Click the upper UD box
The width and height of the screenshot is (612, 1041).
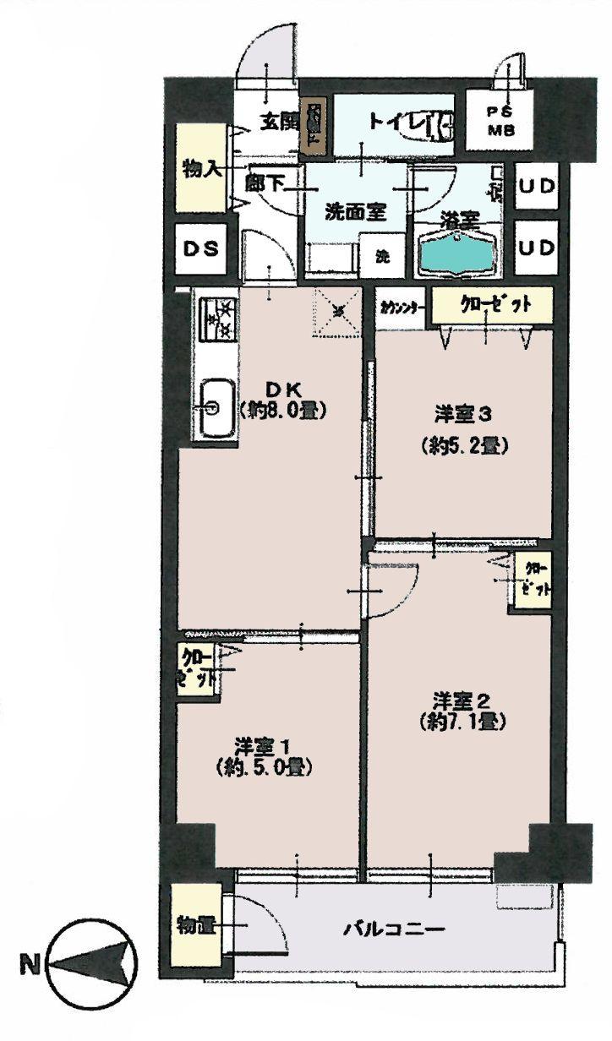pos(536,188)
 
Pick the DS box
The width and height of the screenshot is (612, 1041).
pos(202,248)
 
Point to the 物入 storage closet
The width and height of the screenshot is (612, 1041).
pos(201,168)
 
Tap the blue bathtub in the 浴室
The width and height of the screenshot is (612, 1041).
pos(459,251)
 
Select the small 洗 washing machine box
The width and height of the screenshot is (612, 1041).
pos(381,256)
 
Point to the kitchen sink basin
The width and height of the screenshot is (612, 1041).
pos(216,409)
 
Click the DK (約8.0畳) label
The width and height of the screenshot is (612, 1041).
pos(281,400)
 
